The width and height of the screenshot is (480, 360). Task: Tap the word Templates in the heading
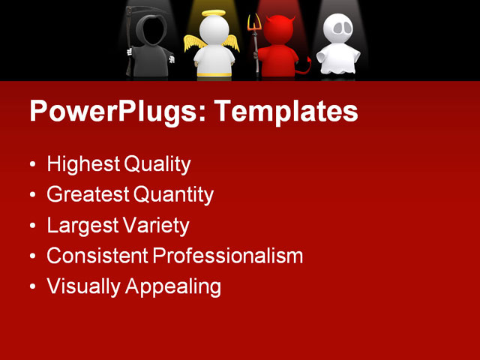(286, 111)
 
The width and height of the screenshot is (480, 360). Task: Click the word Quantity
(173, 195)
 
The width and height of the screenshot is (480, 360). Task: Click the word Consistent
(97, 256)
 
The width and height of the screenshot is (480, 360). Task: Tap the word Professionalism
(228, 256)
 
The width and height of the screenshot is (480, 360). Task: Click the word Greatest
(87, 195)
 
